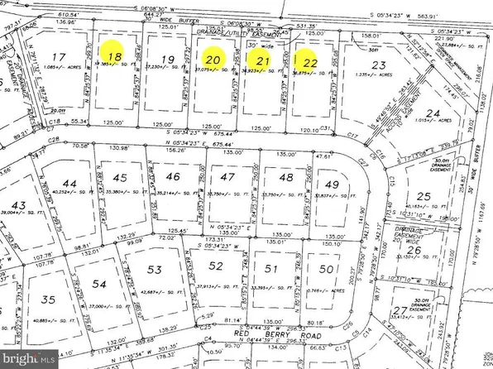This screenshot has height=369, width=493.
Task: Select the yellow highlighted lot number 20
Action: click(x=213, y=59)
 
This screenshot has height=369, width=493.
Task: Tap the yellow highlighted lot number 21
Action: click(x=263, y=60)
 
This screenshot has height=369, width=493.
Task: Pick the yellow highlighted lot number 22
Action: click(x=310, y=61)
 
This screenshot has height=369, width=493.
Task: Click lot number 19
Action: click(x=169, y=58)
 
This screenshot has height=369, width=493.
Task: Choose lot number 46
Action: click(x=172, y=177)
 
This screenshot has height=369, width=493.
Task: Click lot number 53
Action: click(x=154, y=270)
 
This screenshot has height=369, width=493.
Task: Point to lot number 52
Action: click(x=217, y=266)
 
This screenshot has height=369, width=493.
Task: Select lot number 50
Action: click(x=325, y=269)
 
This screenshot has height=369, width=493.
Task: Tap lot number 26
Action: click(x=415, y=250)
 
